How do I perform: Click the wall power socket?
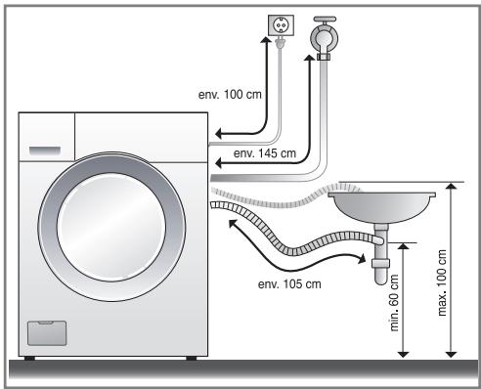[x=281, y=25]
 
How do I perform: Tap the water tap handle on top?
[x=325, y=19]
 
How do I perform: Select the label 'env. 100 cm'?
[x=230, y=95]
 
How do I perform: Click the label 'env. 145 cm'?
[x=265, y=153]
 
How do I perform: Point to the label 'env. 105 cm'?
[x=289, y=284]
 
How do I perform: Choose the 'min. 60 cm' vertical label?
[x=394, y=303]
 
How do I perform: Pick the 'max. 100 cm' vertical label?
[x=442, y=282]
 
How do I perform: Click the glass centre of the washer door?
[x=111, y=227]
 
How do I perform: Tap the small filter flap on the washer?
[x=47, y=333]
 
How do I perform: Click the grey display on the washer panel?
[x=45, y=151]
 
